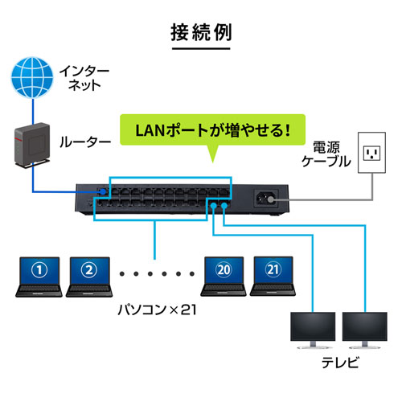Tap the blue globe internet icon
click(29, 78)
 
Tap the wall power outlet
click(371, 153)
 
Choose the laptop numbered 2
click(89, 275)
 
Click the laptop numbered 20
click(224, 275)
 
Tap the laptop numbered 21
click(273, 275)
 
